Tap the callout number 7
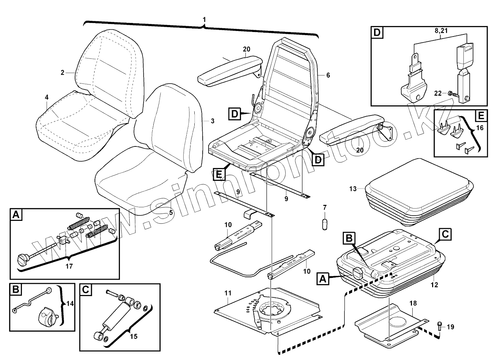[325, 208]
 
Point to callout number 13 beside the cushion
[353, 189]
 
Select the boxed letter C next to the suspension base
[445, 234]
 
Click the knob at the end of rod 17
[22, 258]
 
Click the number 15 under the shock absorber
[133, 336]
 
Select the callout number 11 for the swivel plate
[227, 293]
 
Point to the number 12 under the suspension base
[434, 285]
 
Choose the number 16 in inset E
[480, 128]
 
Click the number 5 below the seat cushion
[171, 212]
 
